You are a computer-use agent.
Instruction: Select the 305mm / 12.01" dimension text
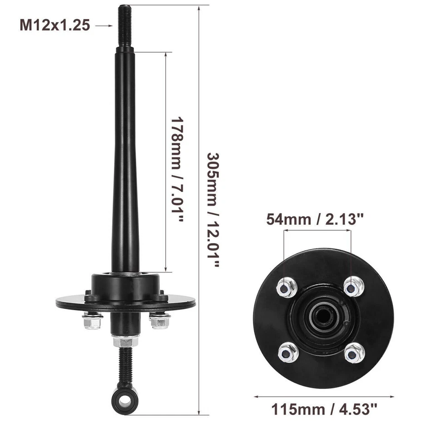point(213,209)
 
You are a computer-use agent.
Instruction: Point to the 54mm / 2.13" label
point(316,219)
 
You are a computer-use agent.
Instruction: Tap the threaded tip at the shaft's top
point(125,25)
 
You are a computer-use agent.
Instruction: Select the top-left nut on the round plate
point(286,287)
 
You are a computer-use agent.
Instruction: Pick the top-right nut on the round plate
point(353,287)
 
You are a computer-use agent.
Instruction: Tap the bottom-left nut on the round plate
point(288,352)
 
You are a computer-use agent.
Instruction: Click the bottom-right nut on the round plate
point(354,353)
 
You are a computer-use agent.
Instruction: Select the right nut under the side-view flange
point(160,321)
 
